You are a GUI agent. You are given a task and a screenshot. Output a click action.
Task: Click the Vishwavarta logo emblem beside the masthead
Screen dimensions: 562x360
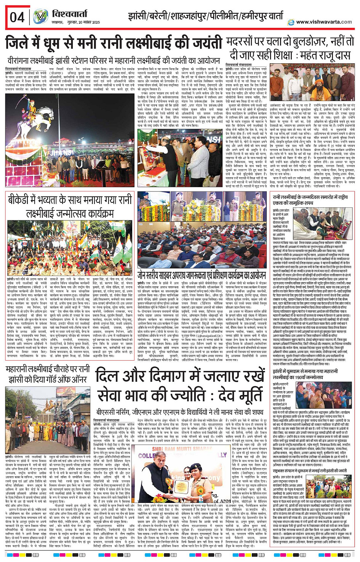[40, 17]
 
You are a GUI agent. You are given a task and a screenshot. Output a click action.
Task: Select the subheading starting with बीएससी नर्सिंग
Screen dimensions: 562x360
[179, 412]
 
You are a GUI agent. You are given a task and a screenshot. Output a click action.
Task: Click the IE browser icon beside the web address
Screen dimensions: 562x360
[291, 22]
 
